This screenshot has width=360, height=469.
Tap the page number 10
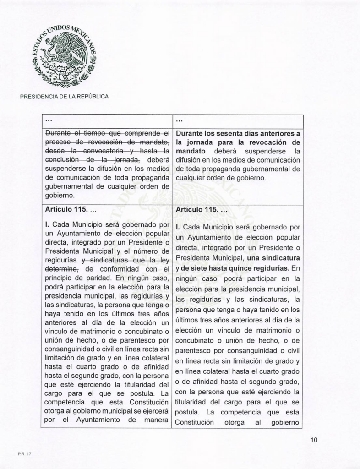[314, 440]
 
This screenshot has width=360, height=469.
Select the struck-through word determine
[61, 269]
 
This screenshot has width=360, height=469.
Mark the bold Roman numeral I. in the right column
[178, 228]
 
